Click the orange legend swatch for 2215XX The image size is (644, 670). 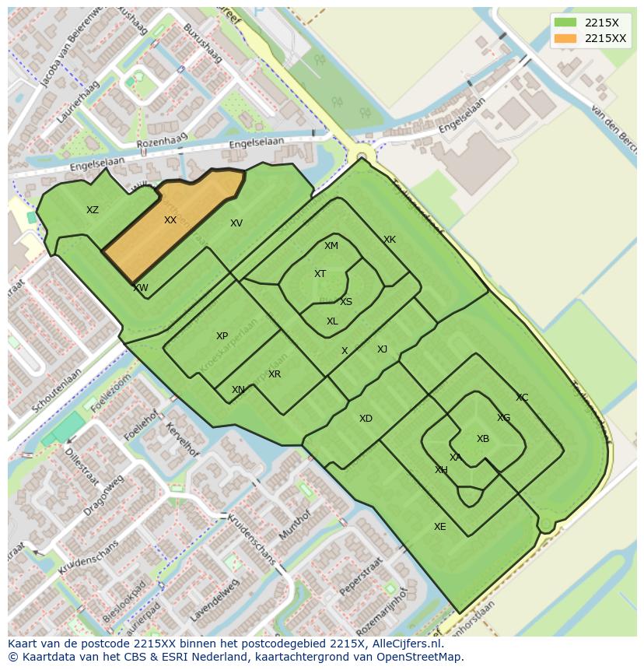coord(565,38)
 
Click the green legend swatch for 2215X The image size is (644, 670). coord(565,23)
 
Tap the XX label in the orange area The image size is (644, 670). coord(170,220)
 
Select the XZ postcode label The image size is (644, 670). coord(93,210)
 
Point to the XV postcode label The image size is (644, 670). coord(236,223)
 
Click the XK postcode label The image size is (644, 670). coord(390,240)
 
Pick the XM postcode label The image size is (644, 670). coord(331,246)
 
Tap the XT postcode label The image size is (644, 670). coord(320,274)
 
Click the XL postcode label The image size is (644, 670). coord(332,321)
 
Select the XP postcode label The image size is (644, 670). coord(222,336)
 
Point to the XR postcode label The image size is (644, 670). coord(275,374)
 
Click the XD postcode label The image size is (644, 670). coord(366,419)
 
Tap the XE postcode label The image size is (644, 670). coord(440,527)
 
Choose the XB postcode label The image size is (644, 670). coord(483,439)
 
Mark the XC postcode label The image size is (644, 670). coord(522,398)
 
